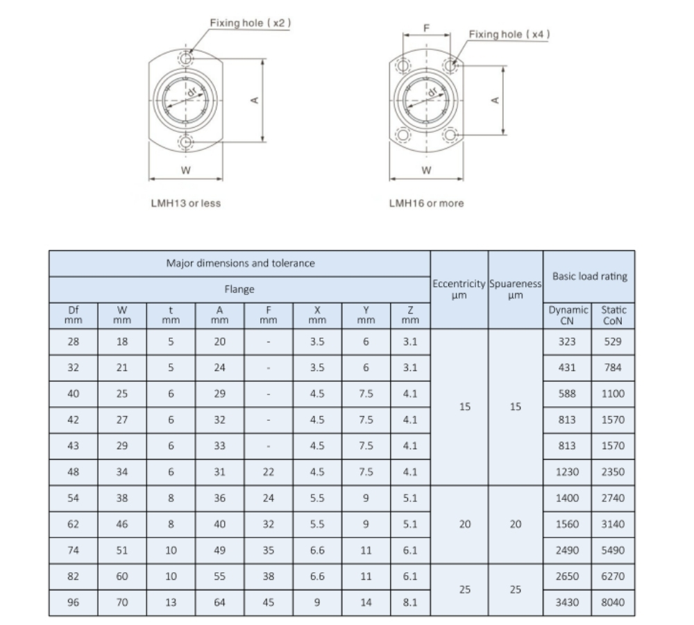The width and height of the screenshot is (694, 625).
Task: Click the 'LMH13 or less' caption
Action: (x=186, y=203)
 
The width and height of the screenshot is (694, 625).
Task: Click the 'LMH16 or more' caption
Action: (x=426, y=203)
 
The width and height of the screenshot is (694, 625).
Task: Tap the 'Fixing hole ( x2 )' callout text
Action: (x=251, y=23)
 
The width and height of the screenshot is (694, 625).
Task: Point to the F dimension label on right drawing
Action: (x=427, y=28)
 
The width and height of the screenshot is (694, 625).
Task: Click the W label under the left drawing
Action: (x=186, y=170)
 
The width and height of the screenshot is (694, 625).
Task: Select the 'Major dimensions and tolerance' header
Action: (x=240, y=263)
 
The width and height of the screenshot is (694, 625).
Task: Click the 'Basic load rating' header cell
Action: (x=589, y=276)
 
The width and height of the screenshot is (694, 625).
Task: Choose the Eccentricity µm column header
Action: (x=459, y=290)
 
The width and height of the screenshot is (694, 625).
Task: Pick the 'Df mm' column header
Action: (x=73, y=315)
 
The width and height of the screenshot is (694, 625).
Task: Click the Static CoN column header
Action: (x=613, y=315)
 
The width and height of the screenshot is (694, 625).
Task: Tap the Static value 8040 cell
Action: (x=613, y=603)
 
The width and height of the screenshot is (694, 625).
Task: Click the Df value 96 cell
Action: (x=73, y=603)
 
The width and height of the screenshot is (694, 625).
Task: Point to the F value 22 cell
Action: (x=269, y=472)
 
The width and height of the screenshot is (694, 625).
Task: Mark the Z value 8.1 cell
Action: (x=411, y=603)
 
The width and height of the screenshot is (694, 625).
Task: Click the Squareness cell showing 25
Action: (x=515, y=590)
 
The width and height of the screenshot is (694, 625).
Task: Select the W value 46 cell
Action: (x=122, y=524)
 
